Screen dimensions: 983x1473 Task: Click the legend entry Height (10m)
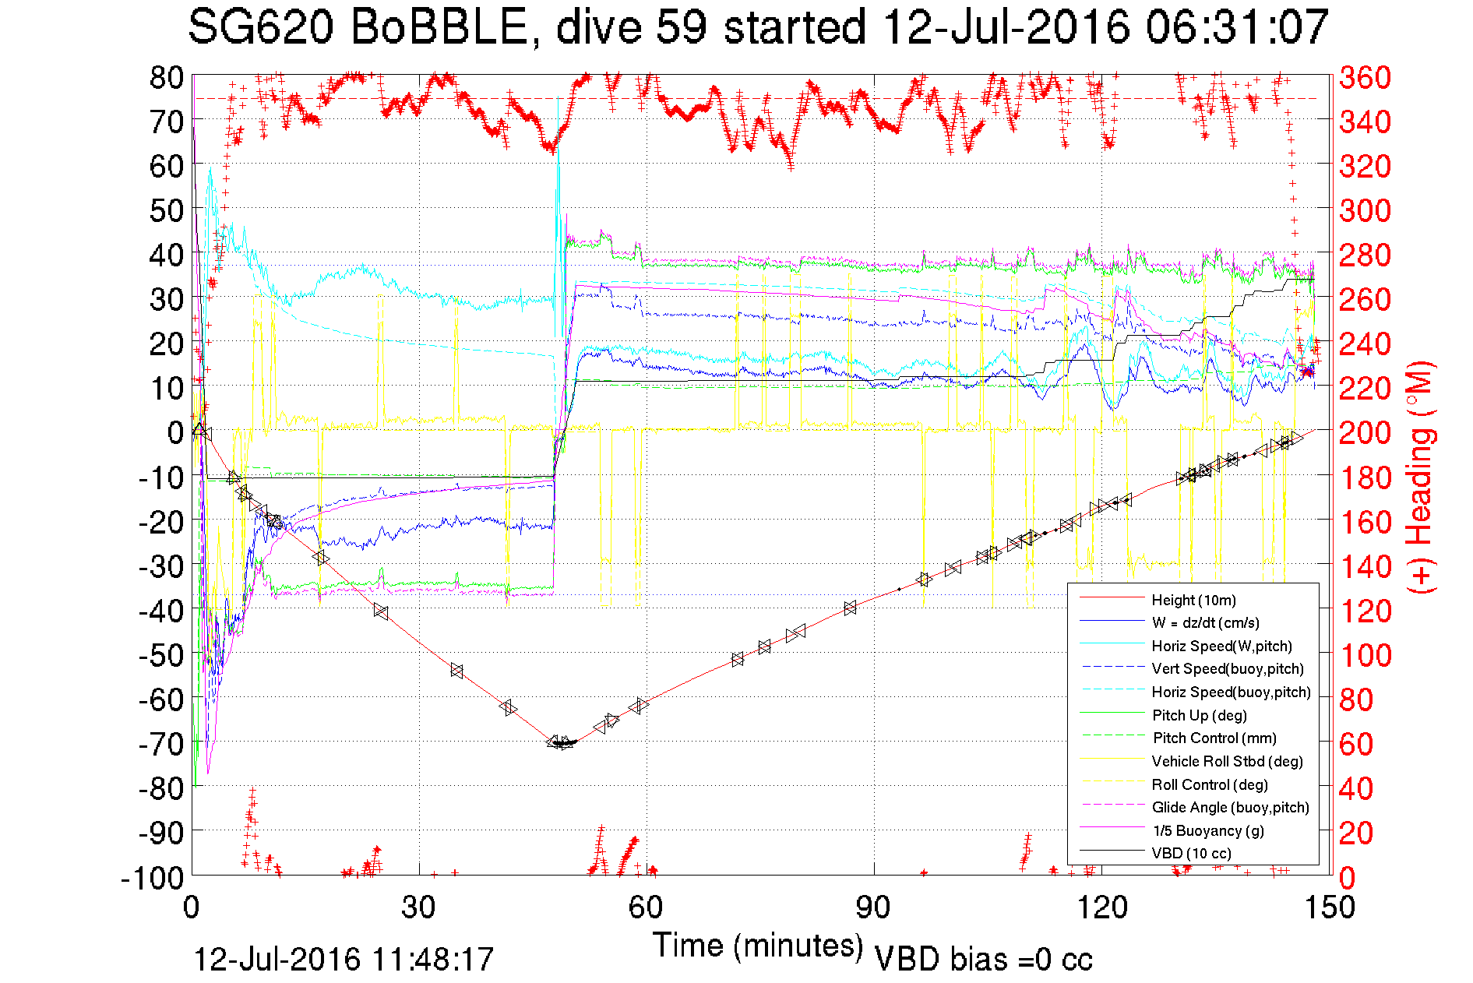[x=1193, y=600]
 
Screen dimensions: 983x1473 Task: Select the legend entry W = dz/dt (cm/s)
[x=1205, y=622]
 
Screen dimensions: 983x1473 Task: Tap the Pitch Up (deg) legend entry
[x=1200, y=715]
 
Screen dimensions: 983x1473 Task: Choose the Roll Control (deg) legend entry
[x=1210, y=784]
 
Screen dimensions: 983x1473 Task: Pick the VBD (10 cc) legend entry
[x=1192, y=853]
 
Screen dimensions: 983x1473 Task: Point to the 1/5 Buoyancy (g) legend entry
[x=1208, y=830]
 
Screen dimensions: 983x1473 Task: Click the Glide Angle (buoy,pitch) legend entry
[x=1230, y=807]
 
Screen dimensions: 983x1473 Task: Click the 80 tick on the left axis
[x=167, y=77]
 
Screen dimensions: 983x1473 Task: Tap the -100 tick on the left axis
[x=152, y=878]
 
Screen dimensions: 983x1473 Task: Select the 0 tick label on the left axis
[x=175, y=432]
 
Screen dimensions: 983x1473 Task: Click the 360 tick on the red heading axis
[x=1365, y=77]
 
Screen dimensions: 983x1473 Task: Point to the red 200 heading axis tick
[x=1365, y=432]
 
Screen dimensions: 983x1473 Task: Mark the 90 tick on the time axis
[x=873, y=907]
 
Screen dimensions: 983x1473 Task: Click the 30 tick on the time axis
[x=419, y=907]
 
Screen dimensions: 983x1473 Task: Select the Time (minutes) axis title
[x=758, y=946]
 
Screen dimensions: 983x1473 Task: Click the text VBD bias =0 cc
[x=983, y=960]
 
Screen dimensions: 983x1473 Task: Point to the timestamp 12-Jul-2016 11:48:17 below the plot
[x=344, y=960]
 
